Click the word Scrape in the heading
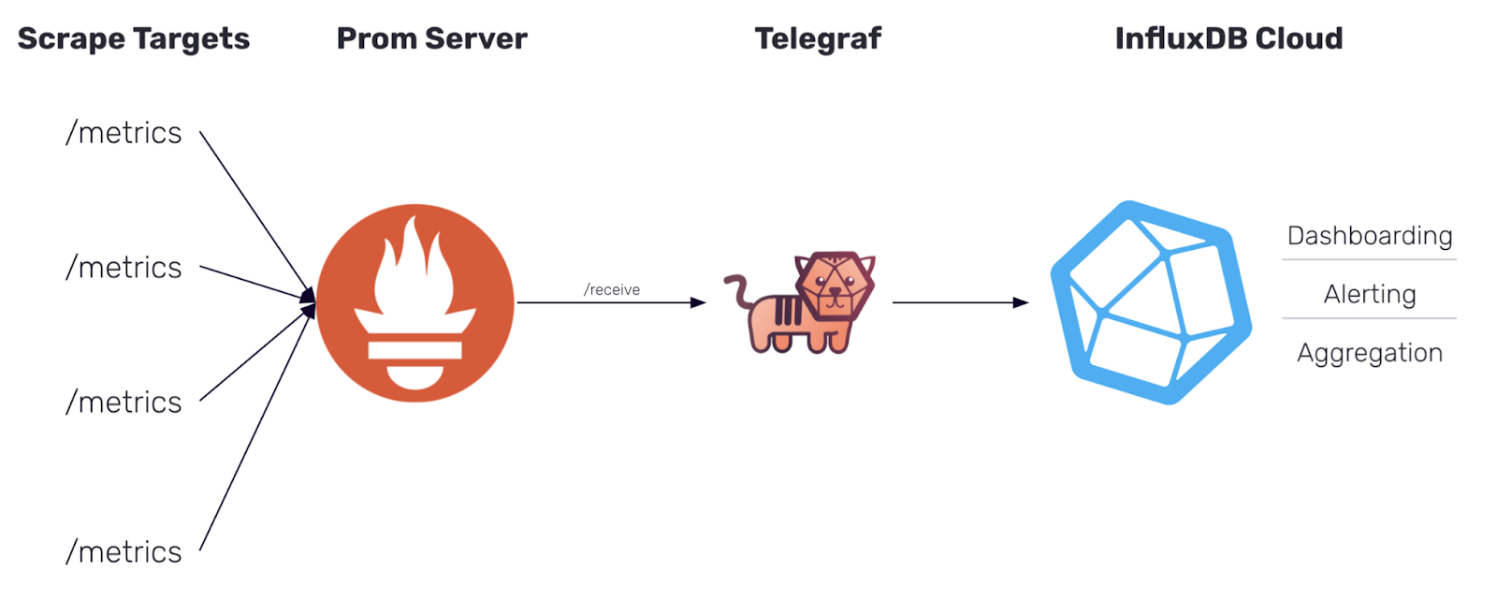tap(71, 39)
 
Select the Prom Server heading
tap(431, 38)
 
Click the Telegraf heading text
tap(818, 38)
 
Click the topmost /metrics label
tap(124, 133)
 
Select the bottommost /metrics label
tap(124, 551)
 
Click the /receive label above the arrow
tap(612, 290)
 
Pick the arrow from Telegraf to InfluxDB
tap(959, 302)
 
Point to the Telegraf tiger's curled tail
tap(738, 290)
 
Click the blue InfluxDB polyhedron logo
tap(1151, 301)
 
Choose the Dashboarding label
tap(1370, 236)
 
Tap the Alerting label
tap(1370, 294)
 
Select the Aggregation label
tap(1370, 353)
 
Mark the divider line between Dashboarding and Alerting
tap(1370, 259)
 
